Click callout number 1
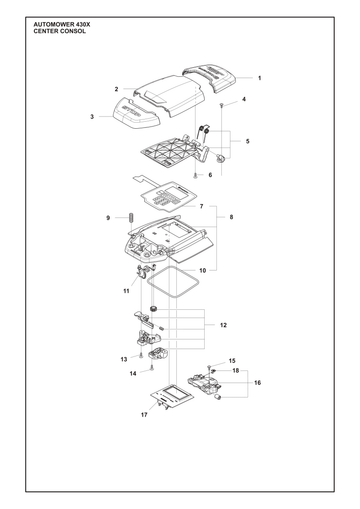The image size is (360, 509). pyautogui.click(x=260, y=78)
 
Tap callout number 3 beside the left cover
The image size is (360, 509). pyautogui.click(x=92, y=117)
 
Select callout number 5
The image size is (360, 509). pyautogui.click(x=247, y=141)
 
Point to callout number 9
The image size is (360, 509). pyautogui.click(x=108, y=218)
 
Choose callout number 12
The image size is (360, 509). pyautogui.click(x=223, y=325)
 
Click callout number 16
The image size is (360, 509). pyautogui.click(x=257, y=383)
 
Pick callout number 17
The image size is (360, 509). pyautogui.click(x=144, y=415)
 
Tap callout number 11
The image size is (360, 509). pyautogui.click(x=126, y=291)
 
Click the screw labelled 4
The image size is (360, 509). pyautogui.click(x=222, y=105)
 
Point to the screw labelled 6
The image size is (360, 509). pyautogui.click(x=195, y=176)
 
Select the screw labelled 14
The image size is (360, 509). pyautogui.click(x=152, y=368)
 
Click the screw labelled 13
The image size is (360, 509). pyautogui.click(x=141, y=355)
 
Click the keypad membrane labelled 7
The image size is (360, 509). pyautogui.click(x=167, y=197)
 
